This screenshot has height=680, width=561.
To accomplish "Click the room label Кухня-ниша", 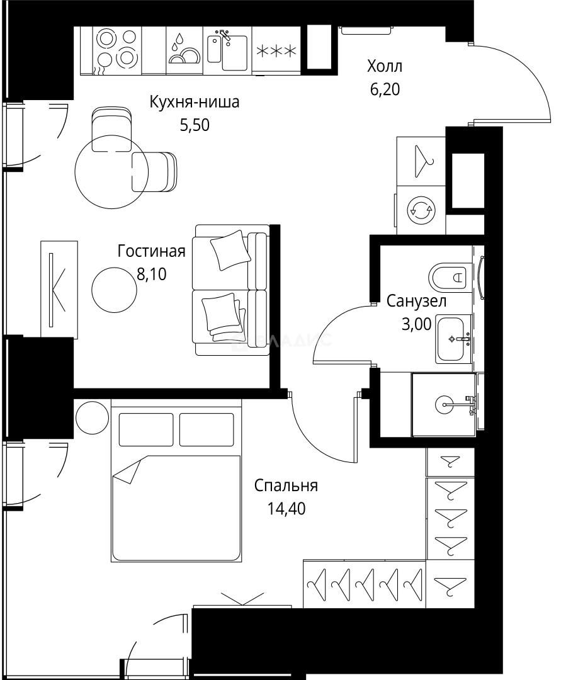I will point(194,102).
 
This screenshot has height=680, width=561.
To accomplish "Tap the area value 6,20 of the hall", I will point(385,89).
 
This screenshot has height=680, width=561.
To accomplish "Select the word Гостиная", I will point(151,252).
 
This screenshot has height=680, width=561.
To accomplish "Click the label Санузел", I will point(417,301).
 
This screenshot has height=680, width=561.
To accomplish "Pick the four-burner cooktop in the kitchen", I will point(117,49).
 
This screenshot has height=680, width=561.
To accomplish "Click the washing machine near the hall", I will point(420,209).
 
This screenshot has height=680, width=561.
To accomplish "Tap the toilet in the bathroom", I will point(450,276).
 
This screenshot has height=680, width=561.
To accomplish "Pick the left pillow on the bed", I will point(145,429).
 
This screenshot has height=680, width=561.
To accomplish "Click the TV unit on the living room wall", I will point(59,289).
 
